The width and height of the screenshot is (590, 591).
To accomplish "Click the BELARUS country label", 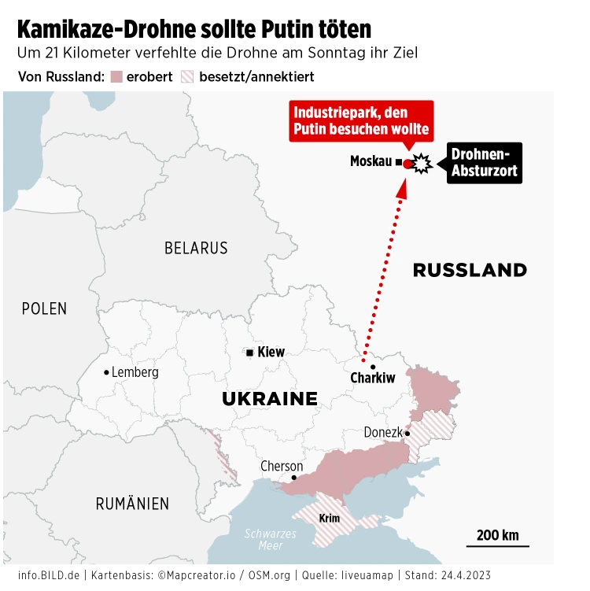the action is (196, 248).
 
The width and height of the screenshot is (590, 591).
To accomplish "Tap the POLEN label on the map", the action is (44, 308).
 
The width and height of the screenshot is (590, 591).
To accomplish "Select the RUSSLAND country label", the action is (470, 271).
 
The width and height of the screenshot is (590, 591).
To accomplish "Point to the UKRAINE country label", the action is (270, 399).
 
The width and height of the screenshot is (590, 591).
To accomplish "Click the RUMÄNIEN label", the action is (132, 504).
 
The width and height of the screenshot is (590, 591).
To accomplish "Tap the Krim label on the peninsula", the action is (330, 518).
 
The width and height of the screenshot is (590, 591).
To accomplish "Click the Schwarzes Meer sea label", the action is (270, 539).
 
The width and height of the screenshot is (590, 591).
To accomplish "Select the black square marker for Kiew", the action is (250, 353).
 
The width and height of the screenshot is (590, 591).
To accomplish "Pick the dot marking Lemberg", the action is (106, 372).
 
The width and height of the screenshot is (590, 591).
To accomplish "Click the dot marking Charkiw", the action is (373, 367).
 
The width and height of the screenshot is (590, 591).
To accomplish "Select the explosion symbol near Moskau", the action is (422, 163).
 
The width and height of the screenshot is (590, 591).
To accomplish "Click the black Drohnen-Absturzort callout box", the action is (484, 162).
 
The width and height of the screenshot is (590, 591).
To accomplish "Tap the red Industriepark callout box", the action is (361, 121).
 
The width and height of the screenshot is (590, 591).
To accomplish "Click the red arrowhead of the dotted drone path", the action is (402, 186).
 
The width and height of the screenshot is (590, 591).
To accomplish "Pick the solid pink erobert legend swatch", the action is (116, 77).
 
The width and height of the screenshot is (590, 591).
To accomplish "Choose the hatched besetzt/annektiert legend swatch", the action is (187, 77).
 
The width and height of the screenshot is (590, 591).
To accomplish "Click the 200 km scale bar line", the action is (497, 546).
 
